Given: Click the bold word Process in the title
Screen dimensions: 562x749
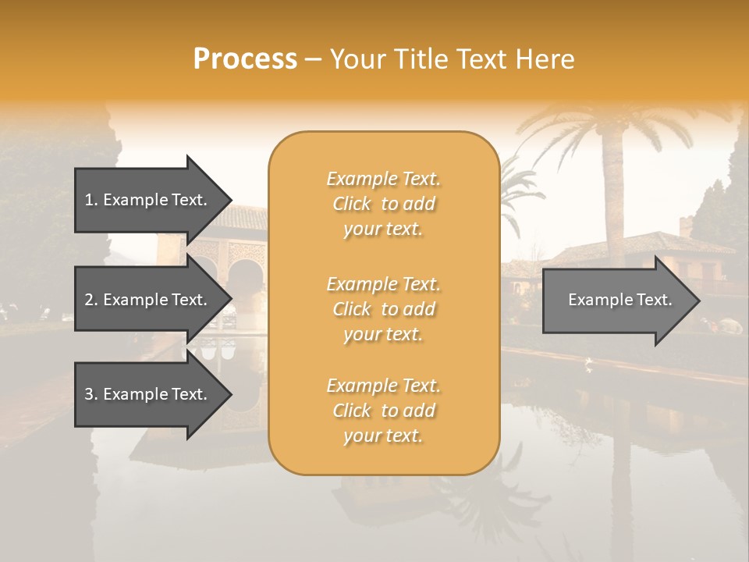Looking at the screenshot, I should click(245, 59).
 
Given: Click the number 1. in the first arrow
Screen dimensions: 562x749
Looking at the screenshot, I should click(91, 200).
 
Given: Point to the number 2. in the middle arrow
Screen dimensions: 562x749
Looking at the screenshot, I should click(91, 300).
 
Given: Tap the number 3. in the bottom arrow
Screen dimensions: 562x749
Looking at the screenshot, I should click(91, 394).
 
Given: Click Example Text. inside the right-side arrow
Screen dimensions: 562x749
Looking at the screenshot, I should click(619, 300).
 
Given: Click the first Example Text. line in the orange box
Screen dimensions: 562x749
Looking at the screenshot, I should click(383, 179).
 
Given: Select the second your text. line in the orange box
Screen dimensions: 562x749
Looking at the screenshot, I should click(383, 334).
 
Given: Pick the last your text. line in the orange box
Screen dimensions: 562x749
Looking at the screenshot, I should click(383, 436).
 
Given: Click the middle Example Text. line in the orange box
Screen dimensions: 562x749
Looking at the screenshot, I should click(383, 283).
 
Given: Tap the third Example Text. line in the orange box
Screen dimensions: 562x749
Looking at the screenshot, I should click(383, 386).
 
